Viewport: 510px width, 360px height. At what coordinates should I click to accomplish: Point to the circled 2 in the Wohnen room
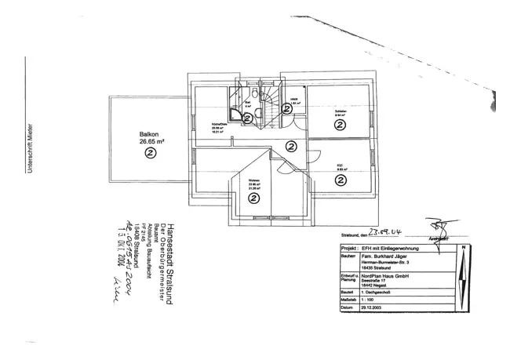[253, 198]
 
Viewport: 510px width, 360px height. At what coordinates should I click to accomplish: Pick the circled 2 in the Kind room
[341, 180]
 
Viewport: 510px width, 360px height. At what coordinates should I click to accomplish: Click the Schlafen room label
[341, 111]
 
